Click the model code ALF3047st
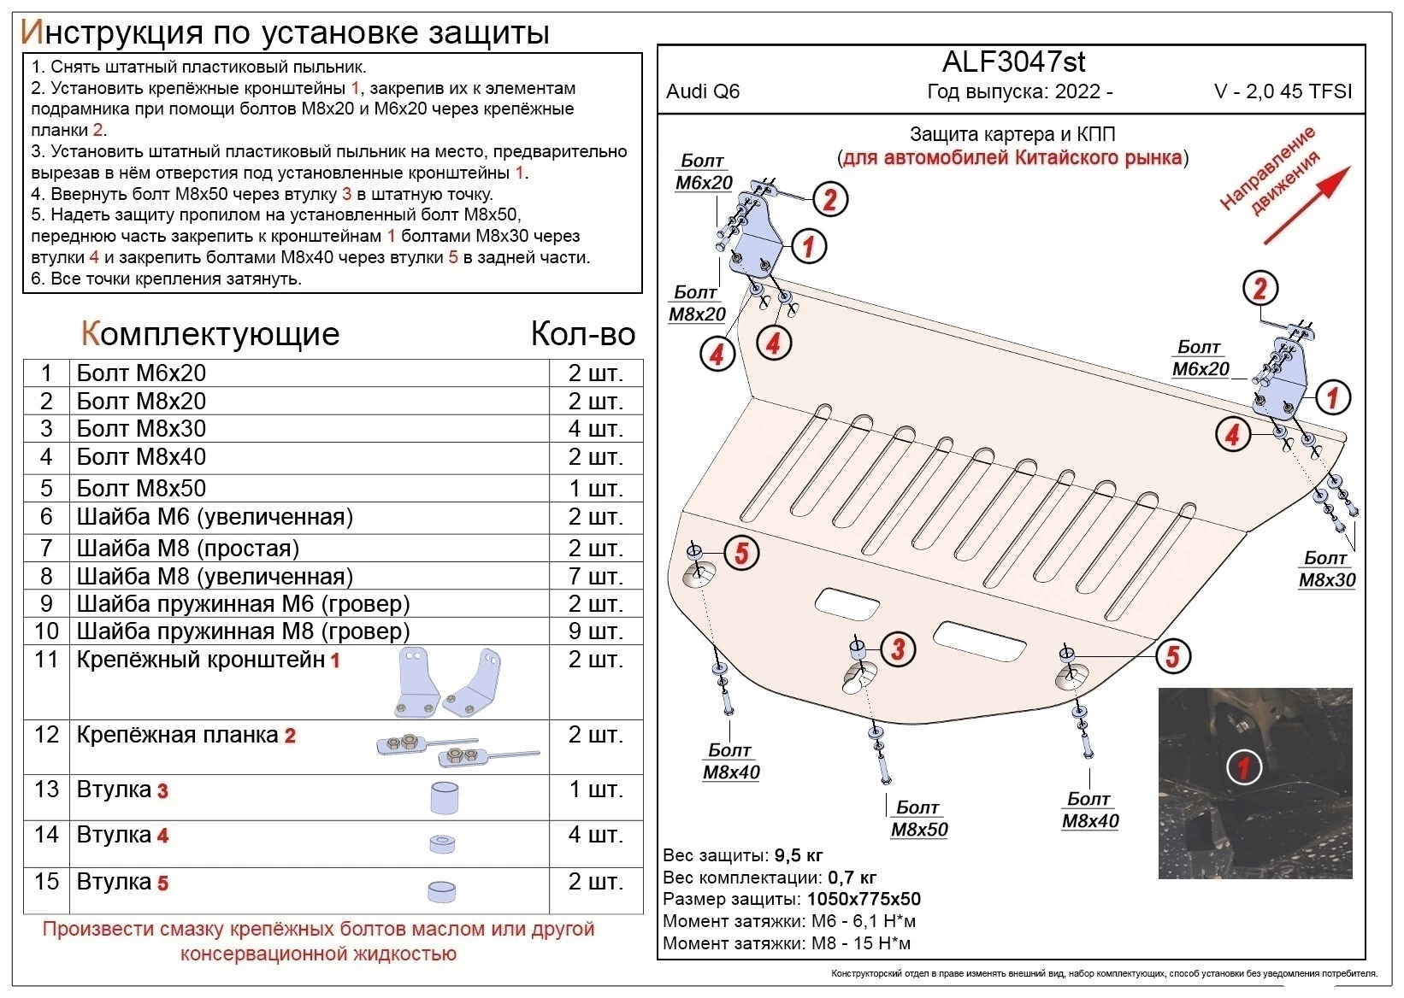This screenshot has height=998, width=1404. click(1013, 62)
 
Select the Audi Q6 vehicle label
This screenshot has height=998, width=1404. click(703, 91)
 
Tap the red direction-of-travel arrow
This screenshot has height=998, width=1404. click(1307, 205)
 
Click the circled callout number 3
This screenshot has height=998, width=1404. click(897, 649)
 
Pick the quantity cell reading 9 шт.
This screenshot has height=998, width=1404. click(595, 631)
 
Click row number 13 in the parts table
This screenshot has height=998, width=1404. click(46, 789)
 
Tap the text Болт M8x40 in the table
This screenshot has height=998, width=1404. click(141, 457)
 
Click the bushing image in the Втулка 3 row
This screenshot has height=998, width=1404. click(443, 798)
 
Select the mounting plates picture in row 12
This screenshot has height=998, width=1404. click(457, 749)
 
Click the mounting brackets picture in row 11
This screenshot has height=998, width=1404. click(449, 682)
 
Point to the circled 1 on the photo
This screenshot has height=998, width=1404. click(1243, 767)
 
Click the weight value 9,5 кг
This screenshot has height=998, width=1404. click(799, 855)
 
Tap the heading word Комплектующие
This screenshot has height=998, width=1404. click(210, 333)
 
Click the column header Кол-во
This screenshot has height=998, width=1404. click(582, 333)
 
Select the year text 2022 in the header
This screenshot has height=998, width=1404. click(1077, 91)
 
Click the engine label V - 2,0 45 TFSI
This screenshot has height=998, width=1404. click(1283, 91)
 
